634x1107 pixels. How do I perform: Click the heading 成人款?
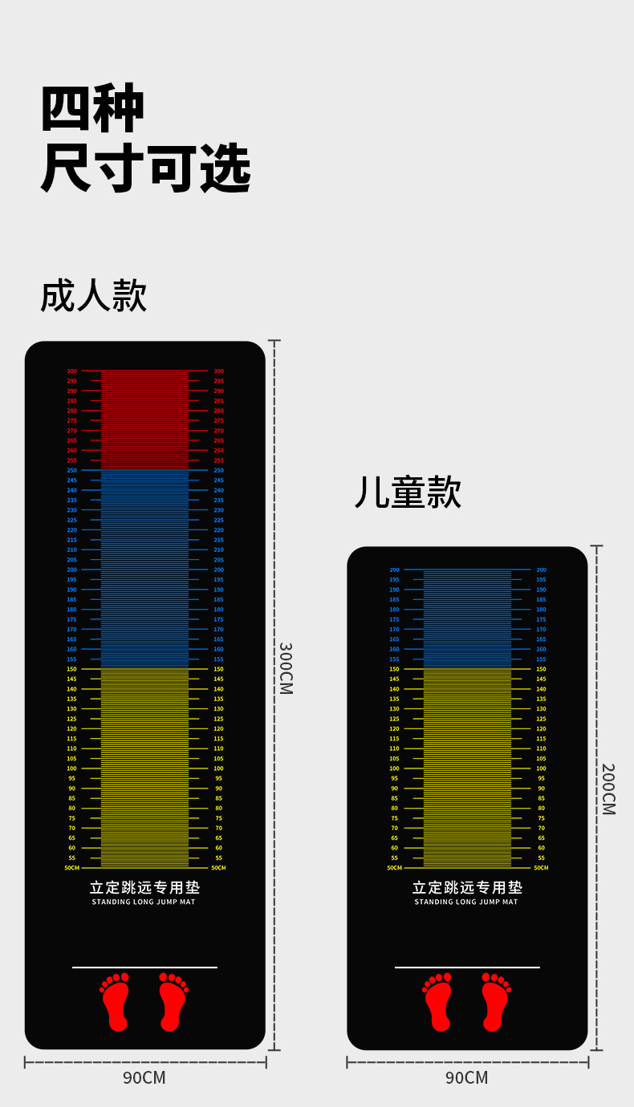pos(94,296)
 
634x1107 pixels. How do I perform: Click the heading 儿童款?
pos(408,493)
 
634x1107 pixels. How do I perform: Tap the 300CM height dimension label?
pos(286,667)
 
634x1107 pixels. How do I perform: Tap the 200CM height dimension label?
pos(608,789)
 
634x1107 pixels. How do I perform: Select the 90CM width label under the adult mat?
pos(144,1077)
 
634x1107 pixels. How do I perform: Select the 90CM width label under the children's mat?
pos(467,1077)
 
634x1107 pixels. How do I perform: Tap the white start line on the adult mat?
pos(144,967)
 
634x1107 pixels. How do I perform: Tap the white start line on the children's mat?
pos(467,967)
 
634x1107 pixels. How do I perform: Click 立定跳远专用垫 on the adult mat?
pos(144,887)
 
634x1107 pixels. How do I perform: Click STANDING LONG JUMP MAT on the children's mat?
pos(466,902)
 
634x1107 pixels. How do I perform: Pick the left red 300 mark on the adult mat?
pos(72,371)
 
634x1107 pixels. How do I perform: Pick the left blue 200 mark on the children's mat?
pos(394,570)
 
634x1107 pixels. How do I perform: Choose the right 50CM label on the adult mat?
pos(218,868)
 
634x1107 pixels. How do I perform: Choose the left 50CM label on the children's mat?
pos(394,868)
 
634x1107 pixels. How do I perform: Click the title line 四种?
pos(93,108)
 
